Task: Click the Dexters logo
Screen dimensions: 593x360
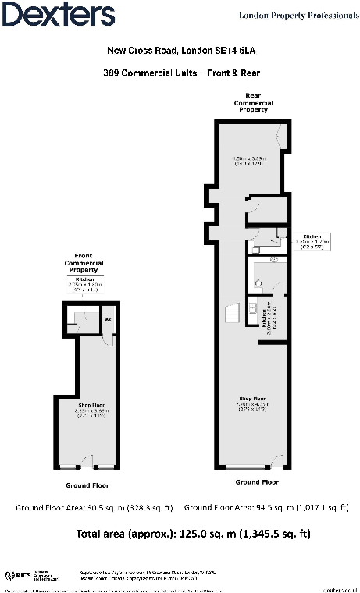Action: [59, 15]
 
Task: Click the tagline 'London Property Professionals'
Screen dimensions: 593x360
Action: [293, 15]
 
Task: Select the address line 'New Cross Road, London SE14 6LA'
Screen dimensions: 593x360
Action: [180, 51]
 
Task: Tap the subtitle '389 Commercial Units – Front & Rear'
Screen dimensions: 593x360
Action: [180, 74]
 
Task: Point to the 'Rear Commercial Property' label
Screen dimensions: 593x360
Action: [251, 103]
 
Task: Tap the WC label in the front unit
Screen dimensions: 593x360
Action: [109, 319]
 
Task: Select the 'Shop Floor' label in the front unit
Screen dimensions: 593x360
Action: [89, 406]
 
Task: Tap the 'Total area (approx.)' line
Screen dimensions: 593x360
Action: [180, 534]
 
